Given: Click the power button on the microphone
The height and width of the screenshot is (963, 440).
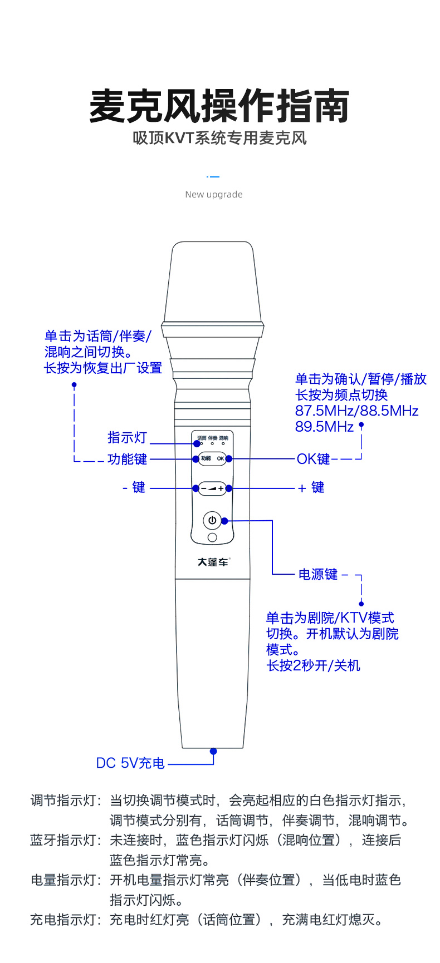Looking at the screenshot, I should pyautogui.click(x=212, y=521).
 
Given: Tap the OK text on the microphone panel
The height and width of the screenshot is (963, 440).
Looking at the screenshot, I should pyautogui.click(x=221, y=458).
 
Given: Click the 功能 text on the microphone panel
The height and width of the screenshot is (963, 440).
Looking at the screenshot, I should pyautogui.click(x=206, y=458).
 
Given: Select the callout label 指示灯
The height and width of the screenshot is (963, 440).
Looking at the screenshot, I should pyautogui.click(x=127, y=438).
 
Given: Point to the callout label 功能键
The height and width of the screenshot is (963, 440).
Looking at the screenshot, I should pyautogui.click(x=127, y=459).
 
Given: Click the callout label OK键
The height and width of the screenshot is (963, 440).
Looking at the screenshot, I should pyautogui.click(x=313, y=459).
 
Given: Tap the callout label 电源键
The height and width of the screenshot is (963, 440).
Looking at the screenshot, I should pyautogui.click(x=318, y=574).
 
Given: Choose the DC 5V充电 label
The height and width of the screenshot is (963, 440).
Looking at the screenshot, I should pyautogui.click(x=130, y=763).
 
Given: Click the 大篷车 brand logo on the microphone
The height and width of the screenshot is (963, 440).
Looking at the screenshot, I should pyautogui.click(x=213, y=562).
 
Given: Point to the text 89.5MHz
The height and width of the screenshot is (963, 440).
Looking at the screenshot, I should pyautogui.click(x=324, y=427).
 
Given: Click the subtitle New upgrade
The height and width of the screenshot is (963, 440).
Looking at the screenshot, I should pyautogui.click(x=214, y=194).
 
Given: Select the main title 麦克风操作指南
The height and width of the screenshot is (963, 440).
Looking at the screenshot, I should pyautogui.click(x=219, y=106).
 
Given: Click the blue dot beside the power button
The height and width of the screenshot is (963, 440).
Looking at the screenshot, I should pyautogui.click(x=224, y=521).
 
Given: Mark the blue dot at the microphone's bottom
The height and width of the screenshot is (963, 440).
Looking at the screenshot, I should pyautogui.click(x=213, y=751).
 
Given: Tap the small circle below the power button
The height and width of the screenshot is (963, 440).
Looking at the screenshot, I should pyautogui.click(x=212, y=537).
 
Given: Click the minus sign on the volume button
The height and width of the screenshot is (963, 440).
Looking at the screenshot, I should pyautogui.click(x=203, y=488).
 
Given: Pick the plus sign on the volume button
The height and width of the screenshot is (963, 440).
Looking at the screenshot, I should pyautogui.click(x=221, y=488).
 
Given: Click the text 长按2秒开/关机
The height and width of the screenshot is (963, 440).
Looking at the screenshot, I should pyautogui.click(x=313, y=665).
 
